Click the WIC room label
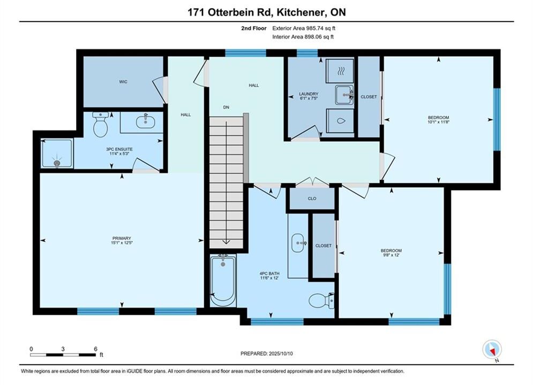[123, 82]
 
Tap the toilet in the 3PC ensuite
[101, 125]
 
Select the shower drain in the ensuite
[57, 163]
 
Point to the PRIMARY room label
[122, 238]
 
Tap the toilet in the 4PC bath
[321, 300]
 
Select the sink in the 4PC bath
[298, 243]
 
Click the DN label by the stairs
[226, 107]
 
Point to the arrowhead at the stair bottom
[226, 242]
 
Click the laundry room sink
[344, 95]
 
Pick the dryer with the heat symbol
[340, 71]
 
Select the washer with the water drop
[340, 121]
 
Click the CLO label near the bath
[312, 199]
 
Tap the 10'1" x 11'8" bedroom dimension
[439, 122]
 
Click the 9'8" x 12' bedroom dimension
[391, 255]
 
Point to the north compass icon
[492, 349]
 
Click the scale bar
[63, 355]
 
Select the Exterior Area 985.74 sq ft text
[304, 28]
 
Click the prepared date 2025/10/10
[281, 353]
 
